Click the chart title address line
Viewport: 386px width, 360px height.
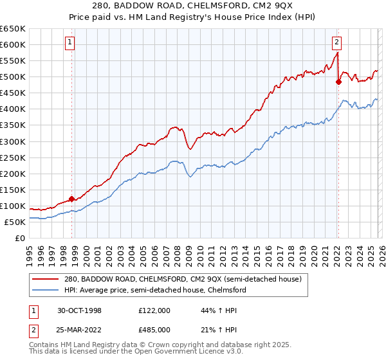click(193, 6)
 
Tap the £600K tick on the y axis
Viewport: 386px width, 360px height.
click(13, 44)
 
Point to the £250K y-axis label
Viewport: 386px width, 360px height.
click(13, 157)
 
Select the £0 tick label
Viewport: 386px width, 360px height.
click(19, 238)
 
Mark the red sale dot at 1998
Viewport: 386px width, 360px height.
click(72, 199)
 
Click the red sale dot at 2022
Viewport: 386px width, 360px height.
click(338, 82)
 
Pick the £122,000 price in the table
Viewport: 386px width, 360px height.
click(154, 310)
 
